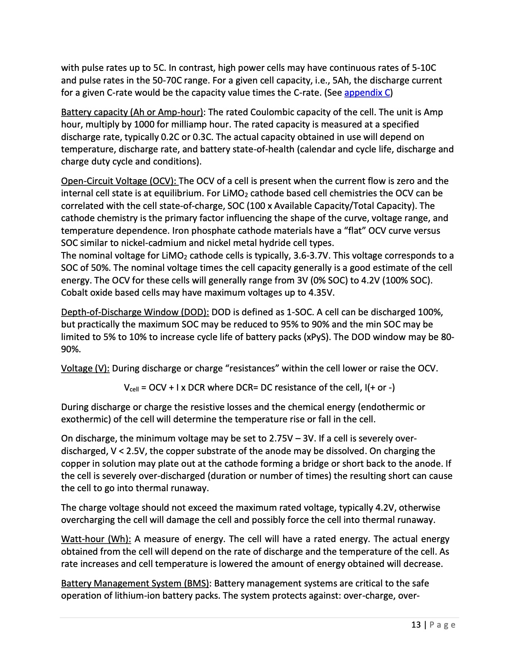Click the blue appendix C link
pyautogui.click(x=367, y=93)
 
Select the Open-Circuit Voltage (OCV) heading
pyautogui.click(x=119, y=181)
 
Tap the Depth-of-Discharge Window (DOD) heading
pyautogui.click(x=135, y=312)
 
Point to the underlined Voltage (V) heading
pyautogui.click(x=85, y=368)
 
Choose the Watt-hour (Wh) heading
pyautogui.click(x=96, y=539)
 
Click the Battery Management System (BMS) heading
pyautogui.click(x=135, y=583)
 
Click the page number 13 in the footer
pyautogui.click(x=416, y=625)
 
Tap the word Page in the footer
pyautogui.click(x=443, y=625)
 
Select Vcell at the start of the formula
pyautogui.click(x=131, y=388)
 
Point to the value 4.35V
pyautogui.click(x=321, y=293)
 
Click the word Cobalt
pyautogui.click(x=74, y=293)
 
